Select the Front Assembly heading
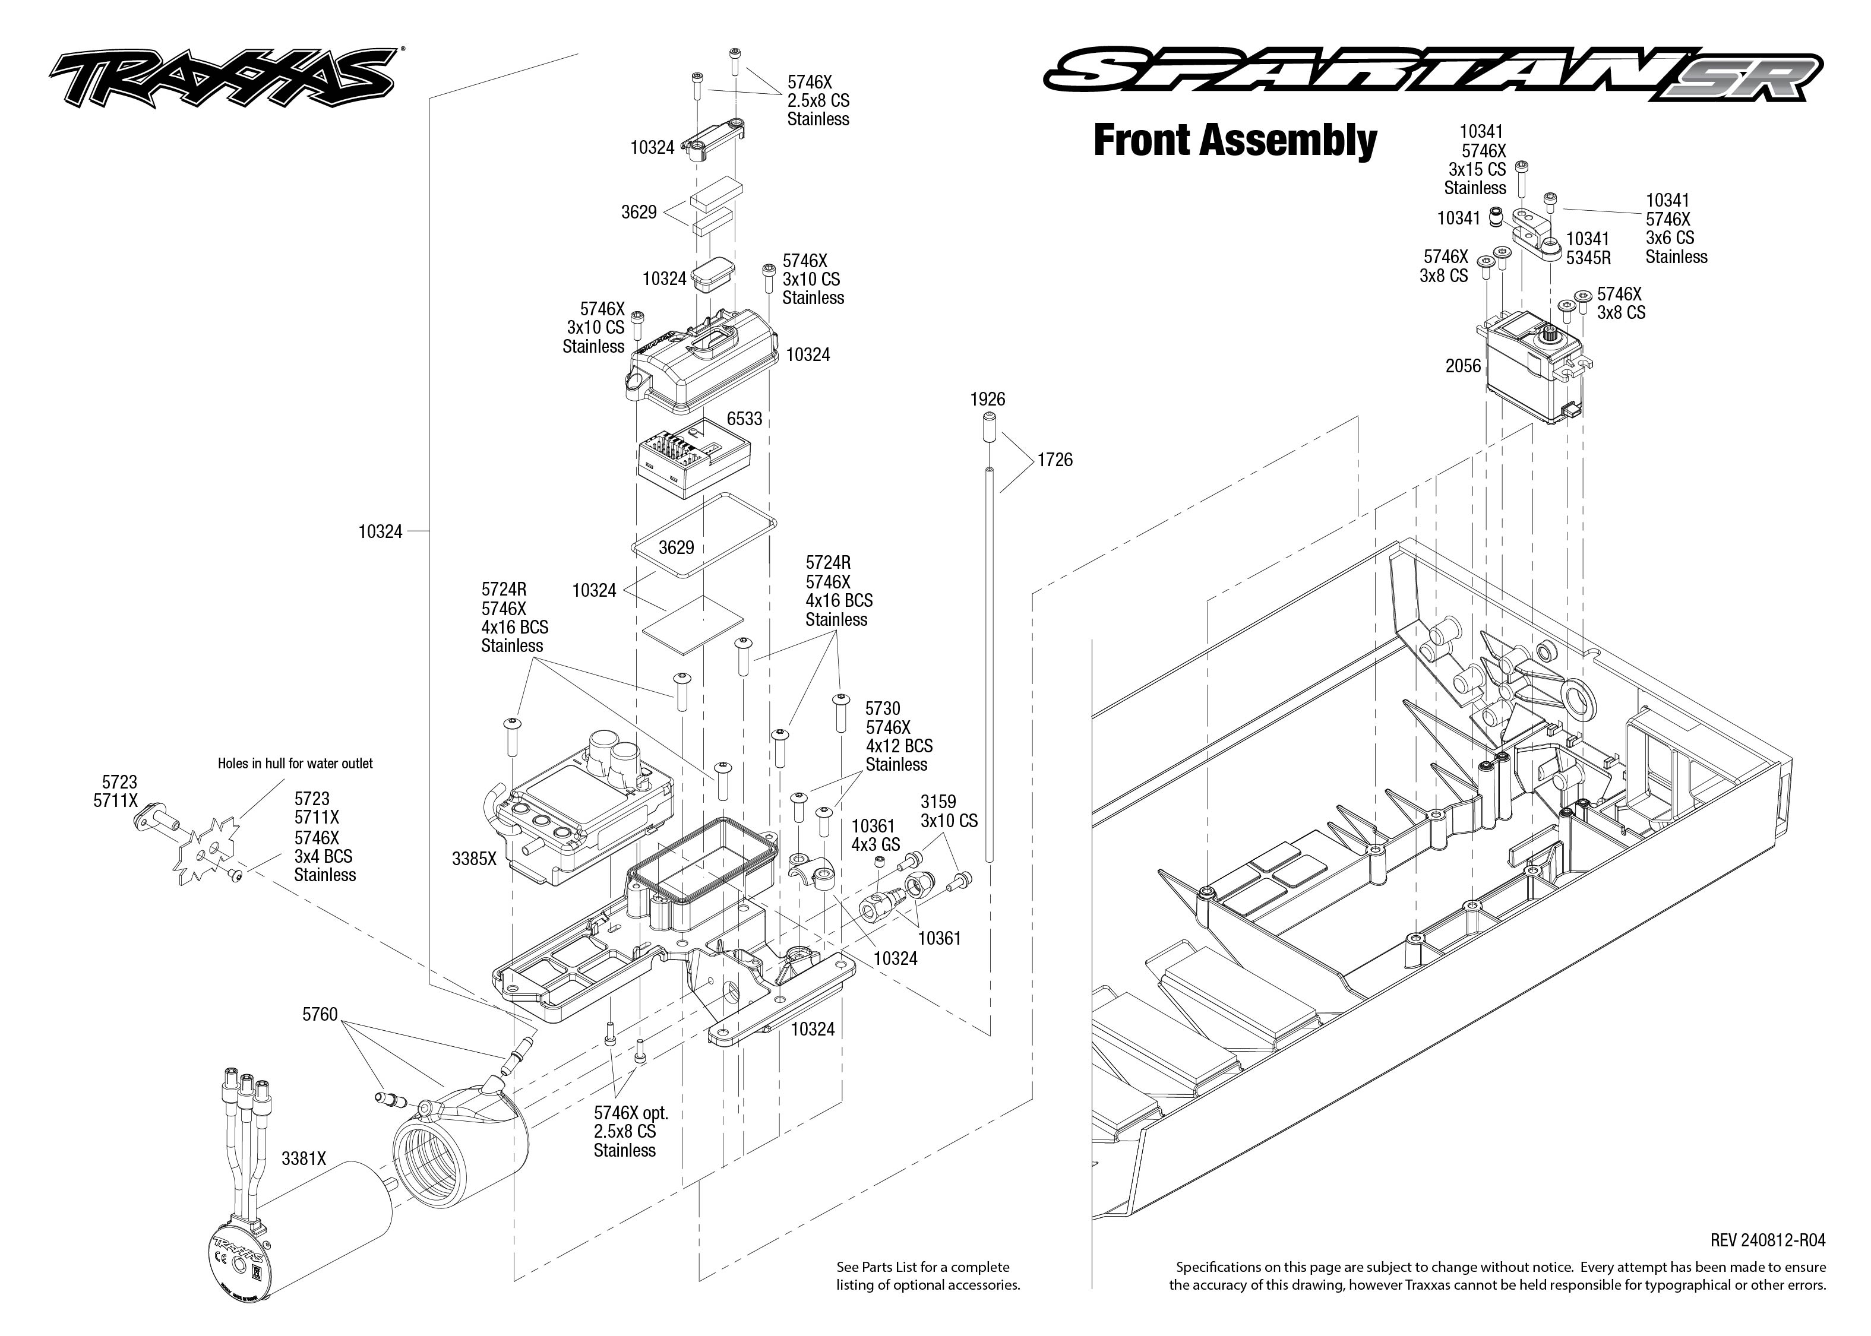[x=1234, y=140]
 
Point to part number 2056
[x=1463, y=366]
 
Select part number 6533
[x=744, y=419]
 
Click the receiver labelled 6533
[x=693, y=461]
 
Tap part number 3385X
[x=474, y=859]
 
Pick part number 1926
[x=987, y=399]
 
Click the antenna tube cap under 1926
[x=988, y=429]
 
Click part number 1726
[x=1055, y=460]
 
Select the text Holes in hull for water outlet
[x=295, y=764]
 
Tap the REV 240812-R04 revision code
[x=1767, y=1240]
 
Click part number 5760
[x=320, y=1014]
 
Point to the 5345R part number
[x=1588, y=258]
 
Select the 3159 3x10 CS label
[x=949, y=811]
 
